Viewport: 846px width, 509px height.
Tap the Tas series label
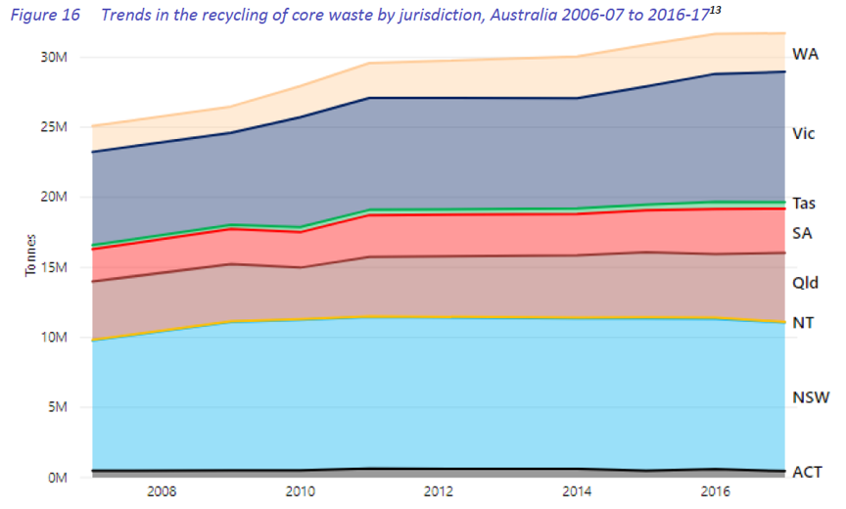coord(805,204)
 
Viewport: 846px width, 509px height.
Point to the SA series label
coord(803,233)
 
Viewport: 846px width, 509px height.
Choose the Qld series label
coord(805,283)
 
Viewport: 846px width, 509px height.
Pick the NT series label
coord(802,322)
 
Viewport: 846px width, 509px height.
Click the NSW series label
coord(808,396)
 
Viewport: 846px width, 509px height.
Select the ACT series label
coord(806,473)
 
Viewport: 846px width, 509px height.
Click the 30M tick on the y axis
coord(52,57)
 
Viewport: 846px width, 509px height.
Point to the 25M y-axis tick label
coord(52,127)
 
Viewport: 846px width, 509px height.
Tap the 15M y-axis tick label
coord(52,267)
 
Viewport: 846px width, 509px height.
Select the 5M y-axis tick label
coord(56,407)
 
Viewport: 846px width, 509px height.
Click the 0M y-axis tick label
coord(56,478)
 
